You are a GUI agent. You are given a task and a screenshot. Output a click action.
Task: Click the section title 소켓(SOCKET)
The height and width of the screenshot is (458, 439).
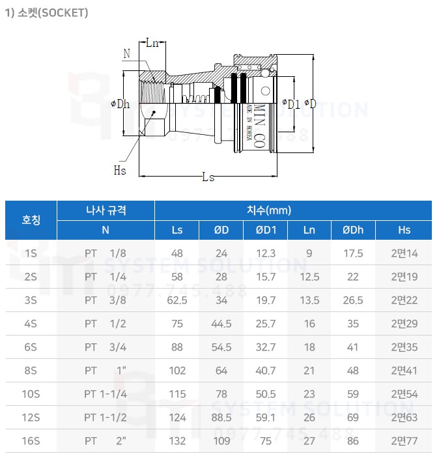(46, 12)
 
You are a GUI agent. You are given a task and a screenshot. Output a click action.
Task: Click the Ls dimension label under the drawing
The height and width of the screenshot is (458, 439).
(208, 178)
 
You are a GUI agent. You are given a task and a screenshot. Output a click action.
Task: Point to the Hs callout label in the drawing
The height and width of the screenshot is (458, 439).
(120, 170)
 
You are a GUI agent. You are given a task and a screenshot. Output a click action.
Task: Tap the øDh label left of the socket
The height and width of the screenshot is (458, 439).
(120, 104)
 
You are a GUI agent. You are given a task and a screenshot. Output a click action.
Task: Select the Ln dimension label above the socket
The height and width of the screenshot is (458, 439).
(152, 43)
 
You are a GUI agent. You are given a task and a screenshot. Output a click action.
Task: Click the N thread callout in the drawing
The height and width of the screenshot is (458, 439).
(126, 52)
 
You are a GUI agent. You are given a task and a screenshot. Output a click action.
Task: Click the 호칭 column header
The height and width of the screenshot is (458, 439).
(31, 220)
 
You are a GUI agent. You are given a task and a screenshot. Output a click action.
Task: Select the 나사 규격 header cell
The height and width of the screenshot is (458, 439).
(106, 210)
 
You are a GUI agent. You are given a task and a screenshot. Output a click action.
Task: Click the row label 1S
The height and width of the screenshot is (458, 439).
(31, 253)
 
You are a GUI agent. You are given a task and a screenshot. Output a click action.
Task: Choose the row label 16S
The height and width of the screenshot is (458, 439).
(31, 441)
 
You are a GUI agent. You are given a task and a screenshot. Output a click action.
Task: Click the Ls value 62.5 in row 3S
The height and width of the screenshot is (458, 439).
(177, 300)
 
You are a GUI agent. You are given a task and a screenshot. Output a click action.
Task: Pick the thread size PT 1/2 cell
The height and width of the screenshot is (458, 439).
(105, 324)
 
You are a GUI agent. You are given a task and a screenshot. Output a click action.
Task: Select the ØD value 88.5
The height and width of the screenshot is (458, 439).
(222, 418)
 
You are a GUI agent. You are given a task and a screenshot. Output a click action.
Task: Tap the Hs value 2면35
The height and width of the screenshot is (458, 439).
(404, 347)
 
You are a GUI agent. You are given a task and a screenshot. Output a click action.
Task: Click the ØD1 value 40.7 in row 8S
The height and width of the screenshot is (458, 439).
(266, 371)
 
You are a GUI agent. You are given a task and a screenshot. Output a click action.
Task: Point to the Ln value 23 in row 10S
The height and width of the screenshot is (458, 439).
(309, 394)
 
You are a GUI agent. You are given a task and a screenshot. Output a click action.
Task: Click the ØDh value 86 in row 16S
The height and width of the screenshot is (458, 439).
(353, 441)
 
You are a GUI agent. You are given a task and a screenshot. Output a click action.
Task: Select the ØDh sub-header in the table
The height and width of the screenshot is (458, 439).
(353, 230)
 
